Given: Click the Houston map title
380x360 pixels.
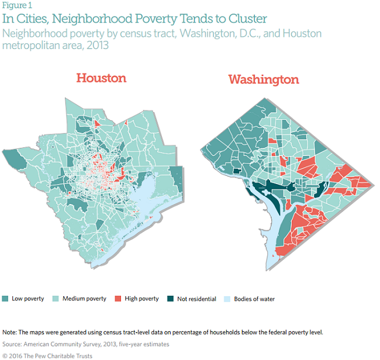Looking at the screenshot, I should (101, 78).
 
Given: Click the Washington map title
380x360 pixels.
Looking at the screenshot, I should (263, 79).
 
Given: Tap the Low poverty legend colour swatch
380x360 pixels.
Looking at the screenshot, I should (5, 299).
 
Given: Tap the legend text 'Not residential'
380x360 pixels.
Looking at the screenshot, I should (196, 299).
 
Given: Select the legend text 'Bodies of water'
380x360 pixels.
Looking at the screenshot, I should (254, 299).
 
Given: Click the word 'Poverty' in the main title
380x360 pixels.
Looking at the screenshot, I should (146, 19).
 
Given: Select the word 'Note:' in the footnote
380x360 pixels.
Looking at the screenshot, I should (10, 332).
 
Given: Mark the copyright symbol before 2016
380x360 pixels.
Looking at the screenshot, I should (5, 355).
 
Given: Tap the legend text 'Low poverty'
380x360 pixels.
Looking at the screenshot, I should (27, 299).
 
